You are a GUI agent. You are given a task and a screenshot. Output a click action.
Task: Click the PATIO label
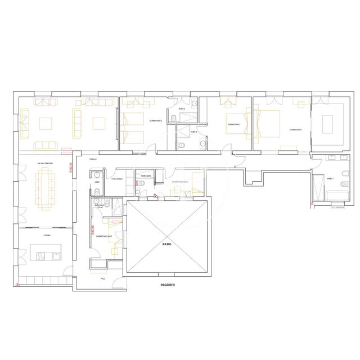166,245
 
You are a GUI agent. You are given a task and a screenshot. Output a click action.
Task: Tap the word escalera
168,285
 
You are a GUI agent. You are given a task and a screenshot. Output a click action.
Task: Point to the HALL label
103,278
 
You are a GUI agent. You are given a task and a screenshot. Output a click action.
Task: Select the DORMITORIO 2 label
234,124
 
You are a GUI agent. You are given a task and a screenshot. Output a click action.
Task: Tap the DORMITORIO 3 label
156,121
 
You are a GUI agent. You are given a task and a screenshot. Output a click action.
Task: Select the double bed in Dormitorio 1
269,124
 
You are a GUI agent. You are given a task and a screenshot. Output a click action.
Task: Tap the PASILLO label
93,159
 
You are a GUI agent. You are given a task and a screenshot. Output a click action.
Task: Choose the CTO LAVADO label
117,179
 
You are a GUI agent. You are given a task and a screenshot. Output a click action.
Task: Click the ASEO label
97,182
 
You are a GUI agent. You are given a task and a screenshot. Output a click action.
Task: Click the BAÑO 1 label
330,178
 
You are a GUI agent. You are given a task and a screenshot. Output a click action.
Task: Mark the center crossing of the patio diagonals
166,237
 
